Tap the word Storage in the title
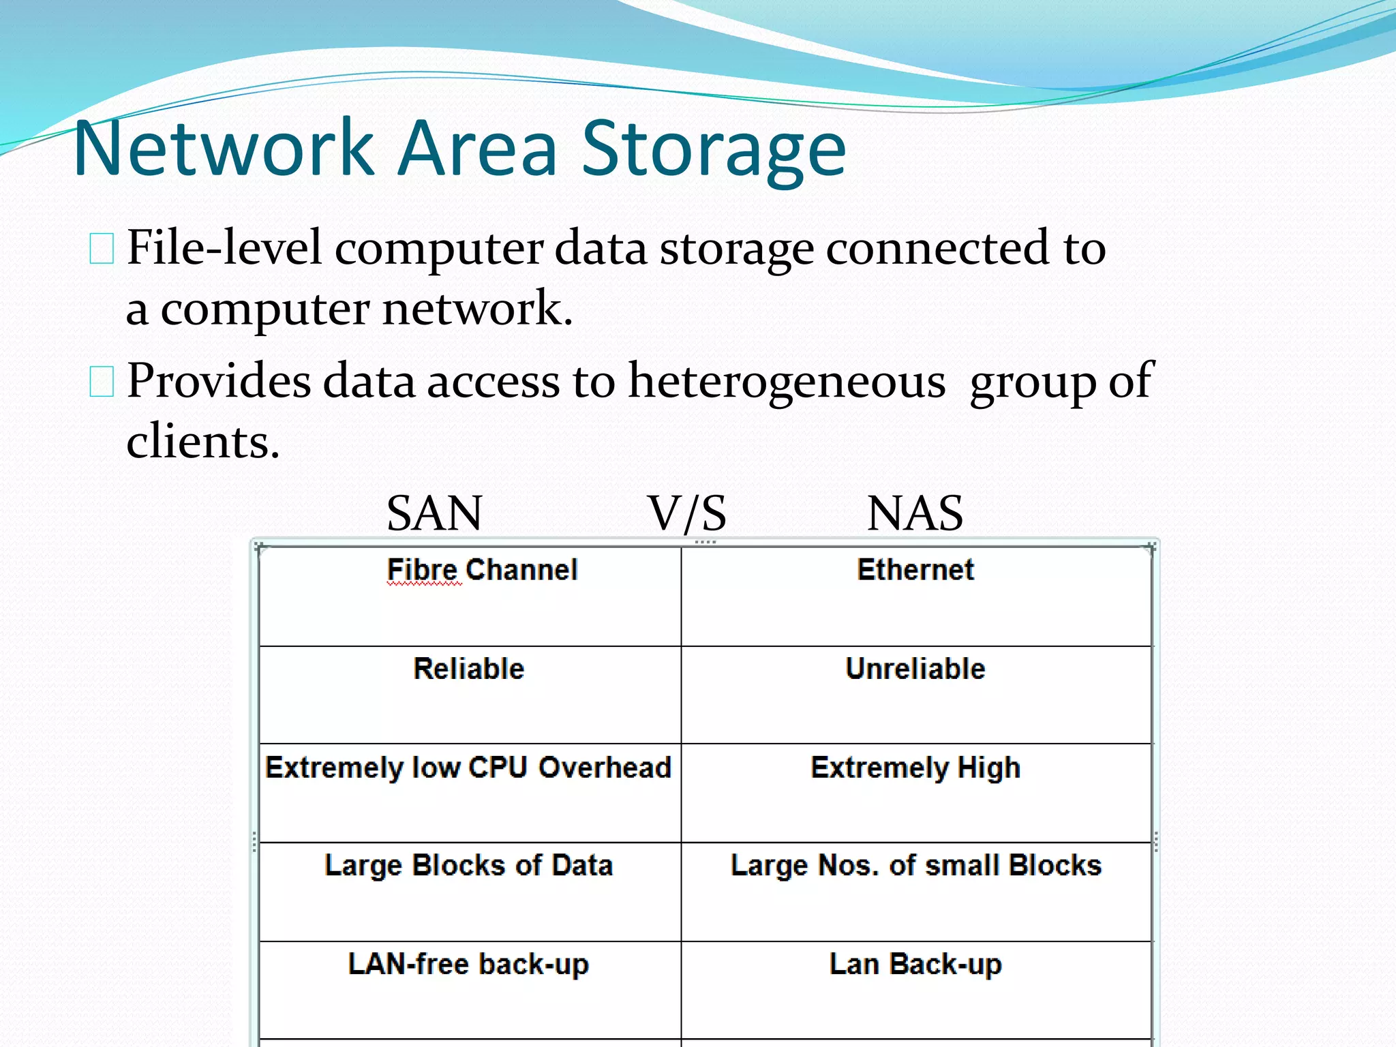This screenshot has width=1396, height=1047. [713, 150]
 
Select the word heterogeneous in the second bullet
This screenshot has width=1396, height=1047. [787, 380]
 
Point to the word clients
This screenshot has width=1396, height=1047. [203, 441]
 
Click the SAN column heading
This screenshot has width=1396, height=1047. [434, 513]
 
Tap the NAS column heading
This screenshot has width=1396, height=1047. [915, 513]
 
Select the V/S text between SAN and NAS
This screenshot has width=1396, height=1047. [687, 513]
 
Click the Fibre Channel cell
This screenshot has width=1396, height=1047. [482, 570]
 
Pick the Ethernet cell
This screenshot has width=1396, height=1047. [915, 570]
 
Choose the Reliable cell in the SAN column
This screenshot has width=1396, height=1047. [469, 669]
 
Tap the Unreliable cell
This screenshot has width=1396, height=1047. [915, 669]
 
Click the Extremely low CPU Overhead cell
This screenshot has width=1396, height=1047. [468, 768]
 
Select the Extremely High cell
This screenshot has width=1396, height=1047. [915, 768]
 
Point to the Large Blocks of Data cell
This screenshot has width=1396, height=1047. [469, 866]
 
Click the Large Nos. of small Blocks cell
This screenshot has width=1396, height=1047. [915, 866]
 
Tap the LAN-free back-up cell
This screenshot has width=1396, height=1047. [468, 965]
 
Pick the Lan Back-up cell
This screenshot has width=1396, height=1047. [915, 965]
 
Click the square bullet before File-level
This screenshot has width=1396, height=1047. [102, 248]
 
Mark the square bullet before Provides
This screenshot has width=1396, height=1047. [102, 381]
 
